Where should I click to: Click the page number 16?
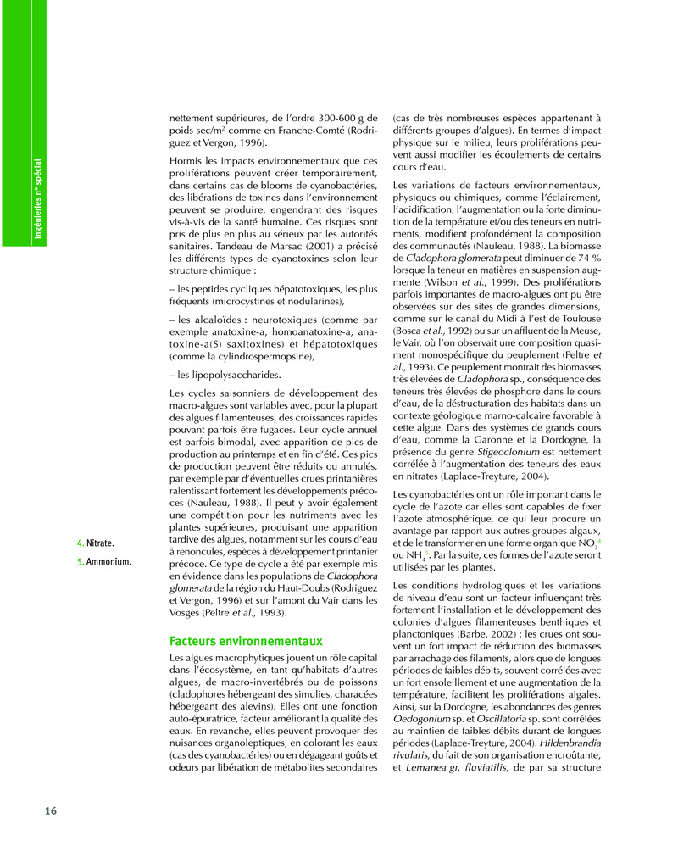(x=50, y=810)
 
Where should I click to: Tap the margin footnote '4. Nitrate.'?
(x=96, y=543)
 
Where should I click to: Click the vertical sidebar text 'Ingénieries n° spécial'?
(x=37, y=198)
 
